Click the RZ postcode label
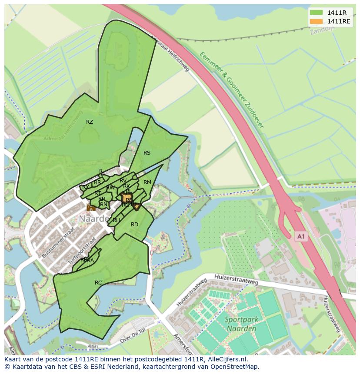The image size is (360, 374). (90, 122)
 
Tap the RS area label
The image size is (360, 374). (147, 153)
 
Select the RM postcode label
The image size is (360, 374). (147, 182)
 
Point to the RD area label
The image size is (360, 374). (134, 225)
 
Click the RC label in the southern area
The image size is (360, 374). (98, 283)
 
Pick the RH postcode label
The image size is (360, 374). (116, 220)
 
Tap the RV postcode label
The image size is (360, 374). (123, 181)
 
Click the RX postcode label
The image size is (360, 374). (86, 187)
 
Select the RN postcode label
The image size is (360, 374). (103, 205)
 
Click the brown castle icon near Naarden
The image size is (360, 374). (91, 208)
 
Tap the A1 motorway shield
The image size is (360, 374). (301, 236)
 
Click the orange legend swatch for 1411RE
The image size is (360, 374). (316, 21)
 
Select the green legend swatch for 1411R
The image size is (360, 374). (316, 13)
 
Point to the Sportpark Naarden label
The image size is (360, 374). (242, 323)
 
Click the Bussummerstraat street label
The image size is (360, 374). (56, 247)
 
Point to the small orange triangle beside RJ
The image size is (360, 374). (137, 208)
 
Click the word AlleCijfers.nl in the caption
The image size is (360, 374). (227, 360)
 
